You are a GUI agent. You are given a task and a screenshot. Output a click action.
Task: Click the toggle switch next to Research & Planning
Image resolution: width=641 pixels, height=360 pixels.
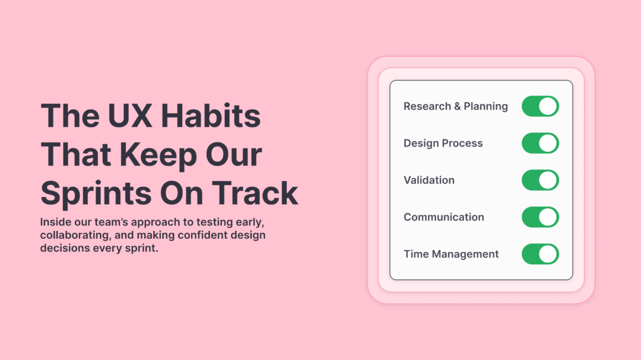(540, 106)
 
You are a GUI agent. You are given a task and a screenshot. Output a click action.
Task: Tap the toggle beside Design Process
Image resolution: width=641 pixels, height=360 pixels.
(540, 143)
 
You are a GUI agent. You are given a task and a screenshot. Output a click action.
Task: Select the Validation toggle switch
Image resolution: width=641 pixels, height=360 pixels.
(540, 180)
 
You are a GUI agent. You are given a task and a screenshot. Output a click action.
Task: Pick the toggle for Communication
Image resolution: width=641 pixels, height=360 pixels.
(540, 217)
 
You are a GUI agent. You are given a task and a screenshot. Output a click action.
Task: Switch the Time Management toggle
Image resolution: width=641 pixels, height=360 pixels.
(540, 254)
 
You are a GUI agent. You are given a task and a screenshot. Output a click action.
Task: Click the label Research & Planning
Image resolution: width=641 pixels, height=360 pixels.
(455, 106)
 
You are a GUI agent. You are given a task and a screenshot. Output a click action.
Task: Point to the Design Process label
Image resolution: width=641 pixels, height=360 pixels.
(443, 143)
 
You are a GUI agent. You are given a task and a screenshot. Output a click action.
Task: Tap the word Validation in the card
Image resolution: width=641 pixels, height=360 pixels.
(429, 180)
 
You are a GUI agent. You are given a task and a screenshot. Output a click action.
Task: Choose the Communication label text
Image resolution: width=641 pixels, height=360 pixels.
(443, 217)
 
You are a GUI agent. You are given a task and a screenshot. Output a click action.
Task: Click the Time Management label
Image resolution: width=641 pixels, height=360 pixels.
(451, 254)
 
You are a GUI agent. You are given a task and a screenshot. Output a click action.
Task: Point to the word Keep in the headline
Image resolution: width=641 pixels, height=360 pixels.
(158, 154)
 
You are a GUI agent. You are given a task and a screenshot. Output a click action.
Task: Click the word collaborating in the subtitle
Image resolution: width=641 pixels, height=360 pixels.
(74, 235)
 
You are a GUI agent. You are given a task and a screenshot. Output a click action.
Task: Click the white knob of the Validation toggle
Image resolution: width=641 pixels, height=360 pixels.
(548, 180)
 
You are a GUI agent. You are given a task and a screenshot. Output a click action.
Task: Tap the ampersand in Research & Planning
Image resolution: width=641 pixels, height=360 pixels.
(457, 106)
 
